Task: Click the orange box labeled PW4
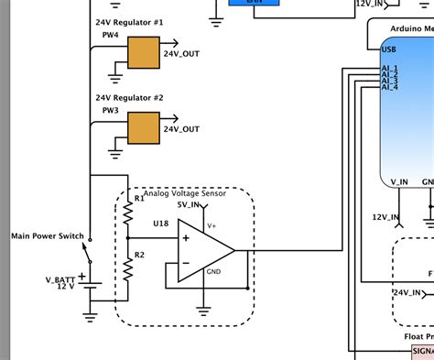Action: click(x=142, y=53)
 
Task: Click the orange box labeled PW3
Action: click(x=142, y=128)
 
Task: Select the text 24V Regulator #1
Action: click(x=130, y=20)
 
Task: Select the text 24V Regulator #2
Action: click(x=130, y=96)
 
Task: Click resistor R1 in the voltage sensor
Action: click(x=128, y=214)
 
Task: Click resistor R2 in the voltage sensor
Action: click(x=128, y=266)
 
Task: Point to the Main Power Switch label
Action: click(x=47, y=236)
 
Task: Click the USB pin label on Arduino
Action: click(x=388, y=49)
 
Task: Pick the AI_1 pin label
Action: click(x=389, y=67)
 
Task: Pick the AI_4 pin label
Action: click(x=389, y=87)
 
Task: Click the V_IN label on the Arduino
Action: click(x=399, y=181)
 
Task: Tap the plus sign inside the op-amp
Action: click(x=186, y=238)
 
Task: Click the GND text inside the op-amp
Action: click(x=213, y=272)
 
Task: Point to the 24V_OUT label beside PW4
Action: click(x=181, y=53)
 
